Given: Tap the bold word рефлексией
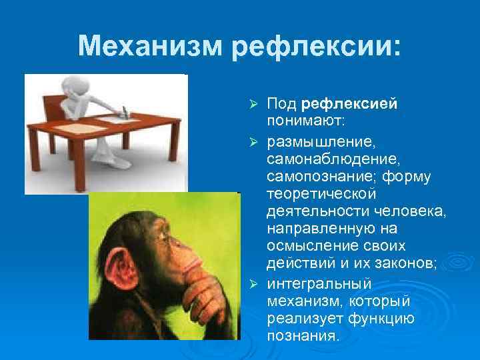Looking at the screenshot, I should click(349, 104).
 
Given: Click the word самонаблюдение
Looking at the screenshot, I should click(330, 159).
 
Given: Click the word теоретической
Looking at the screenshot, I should click(321, 194).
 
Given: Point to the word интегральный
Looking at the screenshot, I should click(319, 283).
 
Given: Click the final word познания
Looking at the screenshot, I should click(303, 336).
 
